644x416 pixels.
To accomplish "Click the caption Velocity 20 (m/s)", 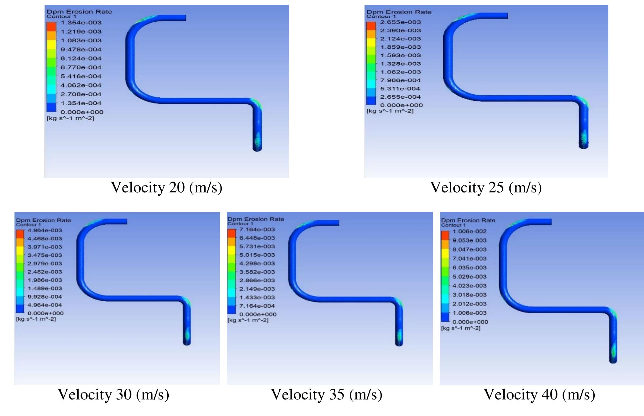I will pos(166,187).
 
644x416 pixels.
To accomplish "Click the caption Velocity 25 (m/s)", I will pos(486,187).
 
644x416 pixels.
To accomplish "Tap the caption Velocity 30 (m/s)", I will pos(113,394).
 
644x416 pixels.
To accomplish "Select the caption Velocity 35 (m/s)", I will pos(326,394).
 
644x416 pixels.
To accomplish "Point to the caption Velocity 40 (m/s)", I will pos(539,394).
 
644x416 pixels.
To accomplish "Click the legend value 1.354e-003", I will pos(81,23).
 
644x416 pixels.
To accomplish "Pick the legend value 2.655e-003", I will pos(400,22).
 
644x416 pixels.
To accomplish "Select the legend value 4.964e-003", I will pos(45,230).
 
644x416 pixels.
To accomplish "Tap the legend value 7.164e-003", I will pos(257,229).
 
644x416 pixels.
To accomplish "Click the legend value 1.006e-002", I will pos(469,231).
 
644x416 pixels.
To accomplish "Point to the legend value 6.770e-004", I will pos(81,67).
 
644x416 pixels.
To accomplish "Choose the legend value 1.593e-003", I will pos(400,55).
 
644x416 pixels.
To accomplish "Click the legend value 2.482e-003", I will pos(45,272).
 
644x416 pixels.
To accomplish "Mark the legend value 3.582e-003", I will pos(257,272).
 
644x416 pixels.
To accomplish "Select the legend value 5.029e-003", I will pos(469,277).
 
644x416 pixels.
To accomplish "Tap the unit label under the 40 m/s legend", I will pos(461,328).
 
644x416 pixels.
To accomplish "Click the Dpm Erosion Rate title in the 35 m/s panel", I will pos(255,219).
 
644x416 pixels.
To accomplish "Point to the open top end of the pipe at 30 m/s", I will pos(126,221).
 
